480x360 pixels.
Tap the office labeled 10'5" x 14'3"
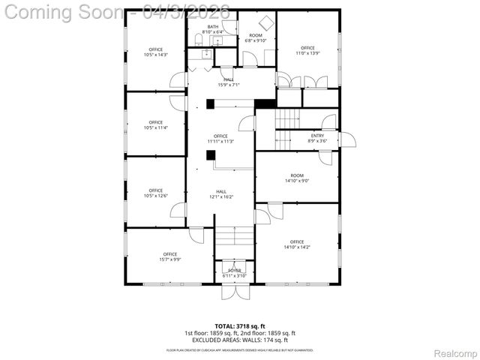(155, 52)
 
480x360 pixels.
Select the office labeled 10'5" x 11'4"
(155, 124)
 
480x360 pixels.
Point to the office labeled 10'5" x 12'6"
(155, 193)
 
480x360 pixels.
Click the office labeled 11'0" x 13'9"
(307, 50)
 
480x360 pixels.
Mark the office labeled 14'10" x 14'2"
(297, 244)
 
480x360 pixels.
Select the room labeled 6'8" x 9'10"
(256, 37)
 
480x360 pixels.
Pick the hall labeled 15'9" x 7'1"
(230, 82)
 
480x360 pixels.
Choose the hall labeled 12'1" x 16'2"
(220, 194)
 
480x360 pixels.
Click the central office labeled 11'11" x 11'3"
(220, 138)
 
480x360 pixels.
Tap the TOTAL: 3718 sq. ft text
(239, 326)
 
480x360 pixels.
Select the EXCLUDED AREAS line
(239, 339)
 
